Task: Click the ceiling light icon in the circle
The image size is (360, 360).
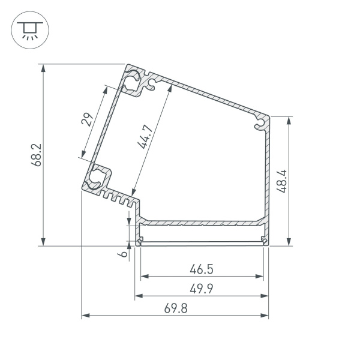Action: pyautogui.click(x=26, y=29)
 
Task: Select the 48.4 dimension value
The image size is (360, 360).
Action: pyautogui.click(x=281, y=181)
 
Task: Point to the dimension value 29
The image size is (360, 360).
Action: pyautogui.click(x=88, y=119)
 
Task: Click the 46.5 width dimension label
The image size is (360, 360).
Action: pyautogui.click(x=202, y=268)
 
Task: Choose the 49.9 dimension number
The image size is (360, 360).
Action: pyautogui.click(x=202, y=288)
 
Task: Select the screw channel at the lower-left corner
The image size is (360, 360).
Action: pyautogui.click(x=97, y=179)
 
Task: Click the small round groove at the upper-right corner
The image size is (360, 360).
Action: pyautogui.click(x=260, y=124)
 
